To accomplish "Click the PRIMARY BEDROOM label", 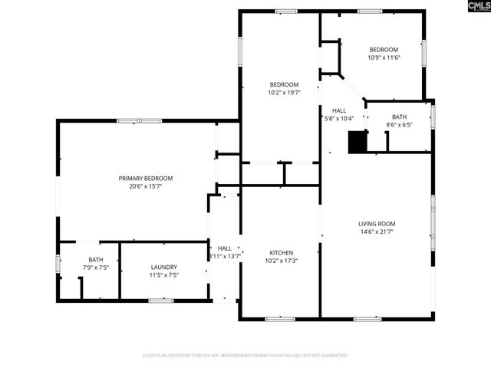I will (x=140, y=178).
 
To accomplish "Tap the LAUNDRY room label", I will (x=164, y=267).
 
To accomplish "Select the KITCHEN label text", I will (x=281, y=252).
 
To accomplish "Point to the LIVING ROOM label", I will (x=377, y=224).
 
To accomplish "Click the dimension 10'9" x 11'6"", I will (x=384, y=57).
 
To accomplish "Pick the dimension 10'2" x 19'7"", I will (x=283, y=93).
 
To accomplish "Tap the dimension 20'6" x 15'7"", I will (x=140, y=186).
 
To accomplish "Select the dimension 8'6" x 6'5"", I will (x=399, y=125).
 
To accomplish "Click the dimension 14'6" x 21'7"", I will (x=377, y=232).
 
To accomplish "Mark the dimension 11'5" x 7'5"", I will (x=164, y=274).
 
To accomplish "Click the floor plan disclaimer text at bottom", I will (x=245, y=356).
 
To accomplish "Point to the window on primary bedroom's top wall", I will (x=139, y=120).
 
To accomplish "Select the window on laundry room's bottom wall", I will (x=160, y=301).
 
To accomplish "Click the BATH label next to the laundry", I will (x=95, y=259).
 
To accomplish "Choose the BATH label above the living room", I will (x=399, y=117).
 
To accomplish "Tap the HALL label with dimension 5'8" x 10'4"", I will (x=338, y=110).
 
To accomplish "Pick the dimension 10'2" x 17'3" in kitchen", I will (x=281, y=261).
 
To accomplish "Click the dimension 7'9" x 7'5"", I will (x=95, y=268).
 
